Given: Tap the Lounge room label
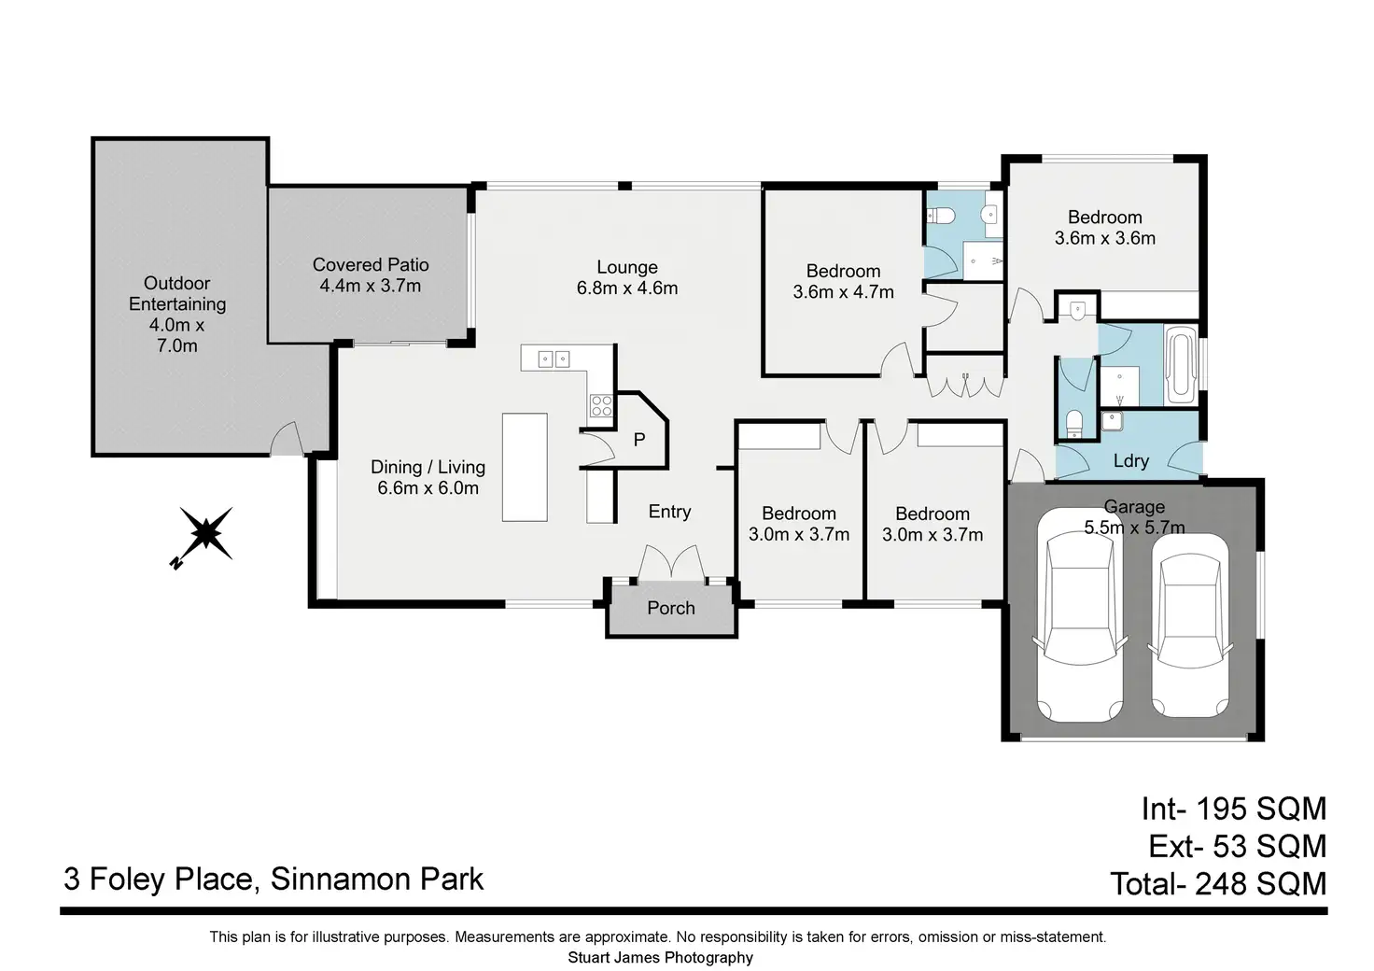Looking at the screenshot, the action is (x=627, y=267).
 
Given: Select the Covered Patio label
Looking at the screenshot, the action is (x=371, y=265).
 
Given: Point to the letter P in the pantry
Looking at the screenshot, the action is (x=639, y=439).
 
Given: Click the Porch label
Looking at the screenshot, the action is (x=671, y=608).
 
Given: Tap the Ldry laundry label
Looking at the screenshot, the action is (x=1131, y=460).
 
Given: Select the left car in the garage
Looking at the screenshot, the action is (x=1080, y=614).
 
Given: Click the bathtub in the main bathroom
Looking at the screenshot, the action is (x=1180, y=365).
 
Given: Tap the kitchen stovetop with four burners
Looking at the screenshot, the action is (x=601, y=406).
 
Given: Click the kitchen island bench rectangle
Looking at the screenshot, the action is (x=525, y=468).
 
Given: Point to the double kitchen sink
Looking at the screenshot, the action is (x=554, y=359).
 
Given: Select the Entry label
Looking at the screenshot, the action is (x=670, y=512).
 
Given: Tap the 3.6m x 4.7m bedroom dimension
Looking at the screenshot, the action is (x=844, y=292).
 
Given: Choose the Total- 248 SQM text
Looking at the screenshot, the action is (x=1219, y=884).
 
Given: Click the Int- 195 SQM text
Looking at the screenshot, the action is (x=1234, y=809).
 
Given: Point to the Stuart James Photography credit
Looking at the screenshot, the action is (x=660, y=958).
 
